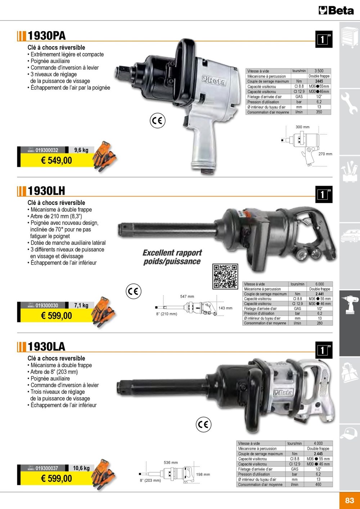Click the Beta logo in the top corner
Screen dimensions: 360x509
[336, 10]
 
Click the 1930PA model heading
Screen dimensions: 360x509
[46, 36]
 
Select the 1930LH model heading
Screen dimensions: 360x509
[46, 191]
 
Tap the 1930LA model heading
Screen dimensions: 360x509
[46, 347]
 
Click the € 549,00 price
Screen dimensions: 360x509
[57, 161]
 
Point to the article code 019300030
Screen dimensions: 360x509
[47, 305]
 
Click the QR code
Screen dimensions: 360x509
[225, 276]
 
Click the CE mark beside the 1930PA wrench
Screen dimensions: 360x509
[158, 121]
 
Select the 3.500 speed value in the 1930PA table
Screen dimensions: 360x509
[319, 71]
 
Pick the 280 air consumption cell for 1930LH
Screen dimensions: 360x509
[320, 323]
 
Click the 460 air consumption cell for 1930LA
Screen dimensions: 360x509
[318, 484]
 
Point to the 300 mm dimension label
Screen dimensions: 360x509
[302, 127]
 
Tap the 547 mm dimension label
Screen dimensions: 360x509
[187, 297]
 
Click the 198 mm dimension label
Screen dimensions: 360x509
[203, 474]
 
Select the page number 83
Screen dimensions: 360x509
[350, 500]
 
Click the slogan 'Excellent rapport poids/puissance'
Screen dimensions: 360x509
[172, 257]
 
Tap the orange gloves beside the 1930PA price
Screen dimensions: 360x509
[104, 156]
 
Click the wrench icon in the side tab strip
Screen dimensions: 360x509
[349, 103]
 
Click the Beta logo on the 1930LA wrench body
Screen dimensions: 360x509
[283, 392]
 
